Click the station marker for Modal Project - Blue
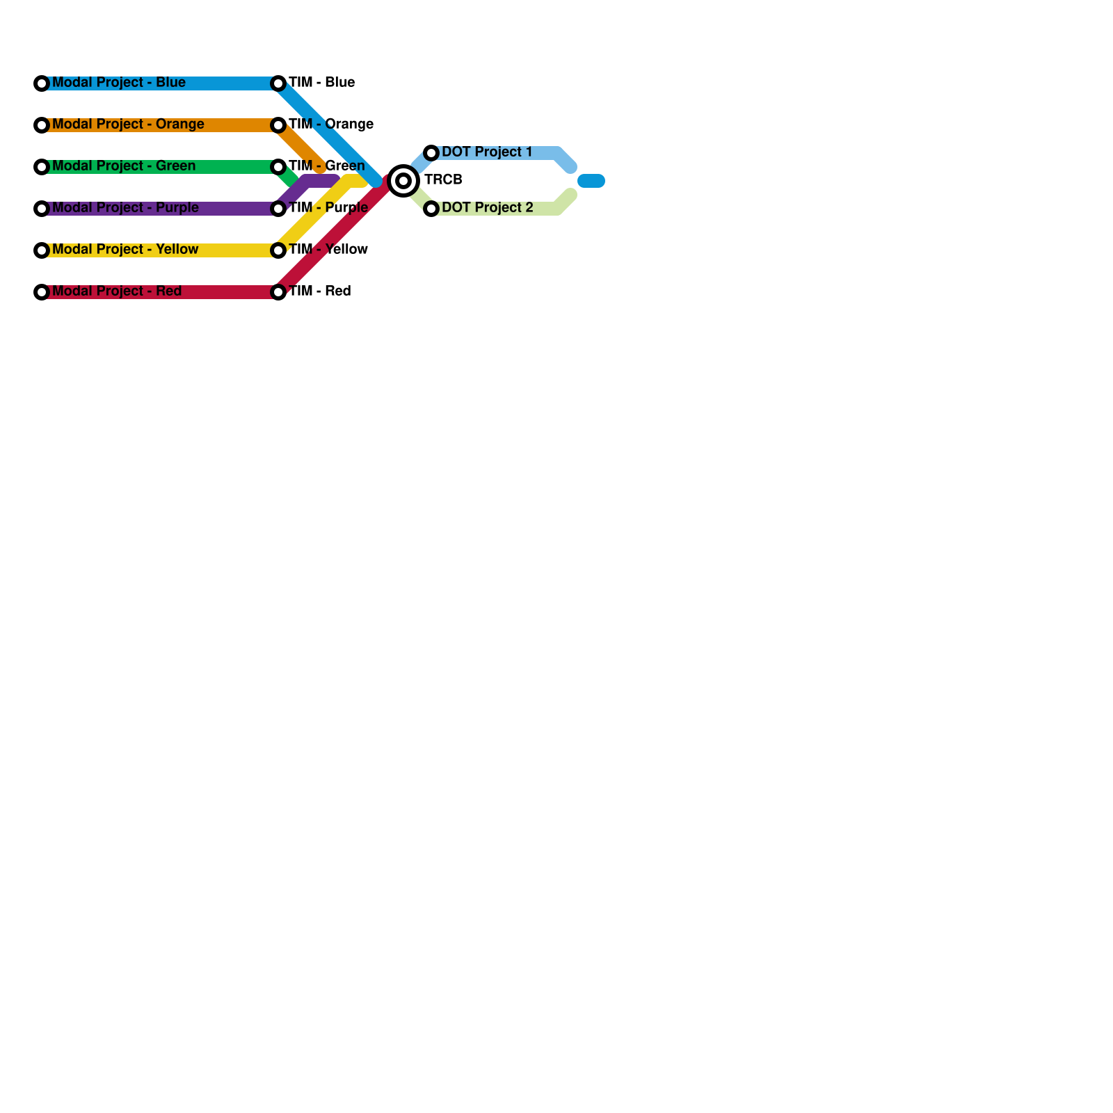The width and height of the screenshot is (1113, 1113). [x=42, y=83]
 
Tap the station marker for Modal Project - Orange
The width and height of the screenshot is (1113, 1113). [x=42, y=125]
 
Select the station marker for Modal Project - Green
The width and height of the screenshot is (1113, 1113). [x=42, y=167]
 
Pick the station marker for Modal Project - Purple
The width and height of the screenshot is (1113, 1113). [x=42, y=209]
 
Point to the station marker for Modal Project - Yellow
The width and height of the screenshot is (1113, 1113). [x=42, y=250]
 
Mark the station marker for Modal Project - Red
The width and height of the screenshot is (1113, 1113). [x=42, y=292]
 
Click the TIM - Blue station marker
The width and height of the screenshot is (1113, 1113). [x=278, y=83]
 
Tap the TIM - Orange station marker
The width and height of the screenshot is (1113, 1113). [x=278, y=125]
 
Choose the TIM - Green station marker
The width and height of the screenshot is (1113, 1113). [x=278, y=167]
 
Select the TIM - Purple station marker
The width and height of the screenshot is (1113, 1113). [x=278, y=209]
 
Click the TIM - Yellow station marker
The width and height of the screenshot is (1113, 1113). [x=278, y=250]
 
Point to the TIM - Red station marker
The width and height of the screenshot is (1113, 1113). [x=278, y=292]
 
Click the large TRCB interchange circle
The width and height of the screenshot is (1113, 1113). [x=403, y=181]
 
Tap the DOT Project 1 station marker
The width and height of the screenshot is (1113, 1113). [x=431, y=153]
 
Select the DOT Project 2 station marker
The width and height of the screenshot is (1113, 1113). [x=431, y=209]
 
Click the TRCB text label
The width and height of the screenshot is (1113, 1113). [x=443, y=180]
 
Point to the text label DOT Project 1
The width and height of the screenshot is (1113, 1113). [x=487, y=152]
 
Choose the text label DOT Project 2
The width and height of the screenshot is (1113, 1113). [x=487, y=208]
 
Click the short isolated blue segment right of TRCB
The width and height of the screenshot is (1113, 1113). [x=591, y=181]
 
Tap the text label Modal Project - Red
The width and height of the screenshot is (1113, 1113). [x=117, y=291]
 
